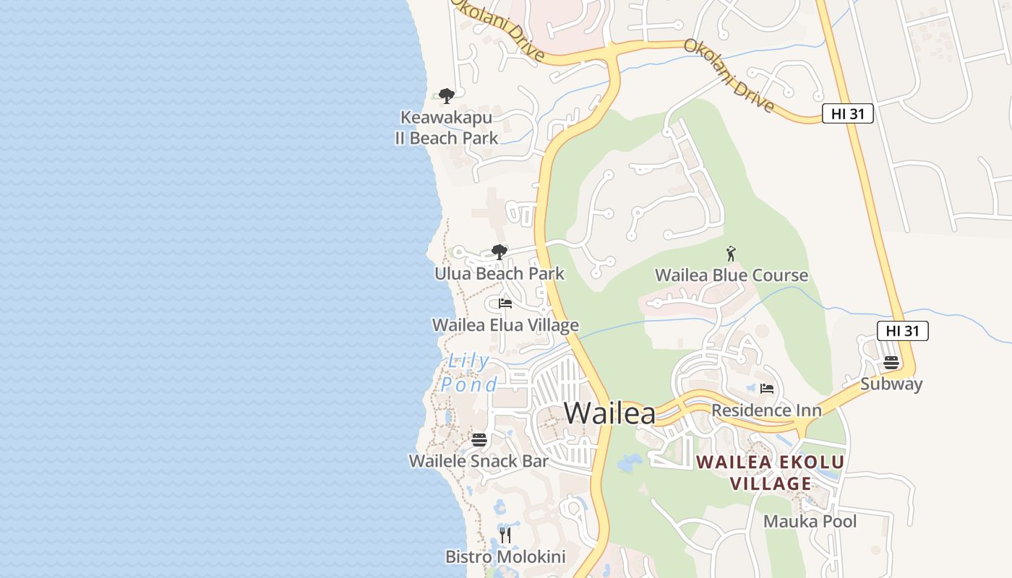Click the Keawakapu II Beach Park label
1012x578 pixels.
point(446,128)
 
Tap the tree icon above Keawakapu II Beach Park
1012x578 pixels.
point(447,95)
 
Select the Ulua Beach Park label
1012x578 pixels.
point(499,274)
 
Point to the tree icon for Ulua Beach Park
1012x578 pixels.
point(499,252)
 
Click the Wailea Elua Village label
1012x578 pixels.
point(505,325)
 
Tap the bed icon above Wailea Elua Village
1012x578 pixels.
point(505,303)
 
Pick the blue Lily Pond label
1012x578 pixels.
point(469,373)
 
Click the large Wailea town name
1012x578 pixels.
point(609,413)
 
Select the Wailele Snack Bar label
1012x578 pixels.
point(479,461)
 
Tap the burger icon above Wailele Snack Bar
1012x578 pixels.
point(479,439)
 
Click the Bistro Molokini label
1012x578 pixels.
point(505,557)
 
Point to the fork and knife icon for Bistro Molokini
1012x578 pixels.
point(505,535)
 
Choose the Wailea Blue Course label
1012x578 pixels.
point(731,275)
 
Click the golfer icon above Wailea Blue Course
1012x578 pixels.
point(731,254)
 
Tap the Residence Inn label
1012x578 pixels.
point(766,410)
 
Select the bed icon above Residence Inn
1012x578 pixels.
point(767,389)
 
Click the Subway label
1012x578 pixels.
point(891,384)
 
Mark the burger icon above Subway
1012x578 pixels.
point(891,362)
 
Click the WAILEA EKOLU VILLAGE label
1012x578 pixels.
point(770,473)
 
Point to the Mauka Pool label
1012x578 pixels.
point(810,521)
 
